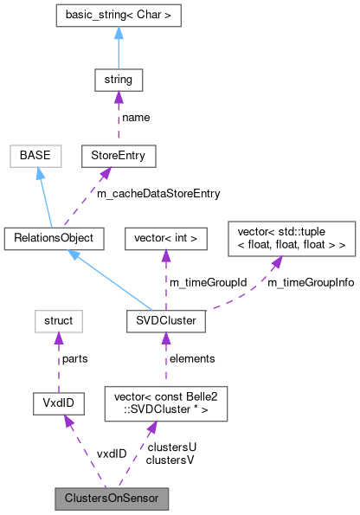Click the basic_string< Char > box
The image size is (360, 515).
(118, 16)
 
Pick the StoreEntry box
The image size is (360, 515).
(118, 157)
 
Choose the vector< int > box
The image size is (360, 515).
(166, 235)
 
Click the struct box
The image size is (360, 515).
(56, 321)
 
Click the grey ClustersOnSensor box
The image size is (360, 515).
(111, 499)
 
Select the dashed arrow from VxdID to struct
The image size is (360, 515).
(56, 362)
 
